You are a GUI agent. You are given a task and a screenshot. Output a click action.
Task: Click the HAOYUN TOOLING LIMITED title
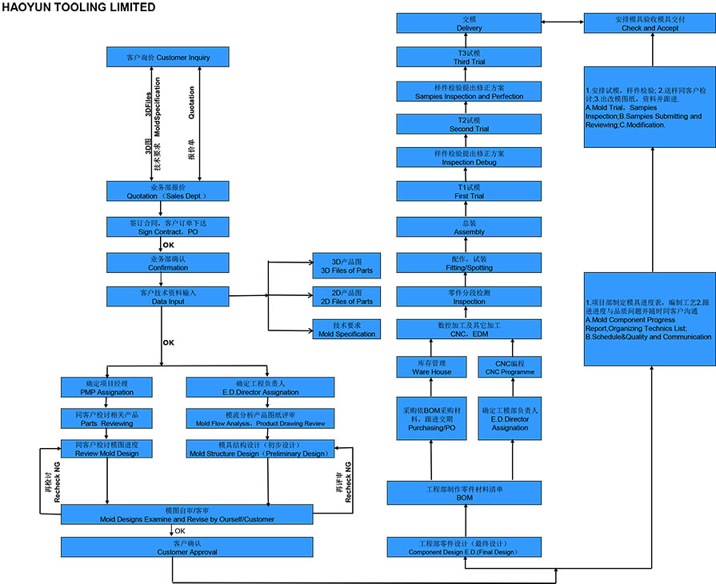click(x=78, y=7)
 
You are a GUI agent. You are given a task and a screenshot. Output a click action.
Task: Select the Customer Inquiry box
click(x=168, y=58)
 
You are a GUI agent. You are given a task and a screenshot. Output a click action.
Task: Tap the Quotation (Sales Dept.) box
click(x=168, y=190)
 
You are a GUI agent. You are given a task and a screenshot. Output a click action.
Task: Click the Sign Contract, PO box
click(x=168, y=226)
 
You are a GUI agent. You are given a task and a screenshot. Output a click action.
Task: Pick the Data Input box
click(x=168, y=297)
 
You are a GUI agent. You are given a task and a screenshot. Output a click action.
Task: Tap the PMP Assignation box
click(x=107, y=387)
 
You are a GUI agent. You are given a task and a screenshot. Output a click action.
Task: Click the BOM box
click(x=464, y=493)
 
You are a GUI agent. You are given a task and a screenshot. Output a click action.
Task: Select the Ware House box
click(x=431, y=367)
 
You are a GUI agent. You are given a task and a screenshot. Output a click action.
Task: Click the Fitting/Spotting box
click(x=469, y=265)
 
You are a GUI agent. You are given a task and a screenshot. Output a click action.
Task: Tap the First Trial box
click(x=469, y=190)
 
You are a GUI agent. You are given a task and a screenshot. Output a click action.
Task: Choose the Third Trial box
click(x=469, y=57)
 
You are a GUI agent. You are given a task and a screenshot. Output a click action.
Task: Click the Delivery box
click(x=469, y=23)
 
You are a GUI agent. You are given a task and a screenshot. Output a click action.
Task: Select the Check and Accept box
click(x=649, y=23)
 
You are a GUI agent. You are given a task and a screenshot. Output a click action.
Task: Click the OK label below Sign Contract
click(x=168, y=245)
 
